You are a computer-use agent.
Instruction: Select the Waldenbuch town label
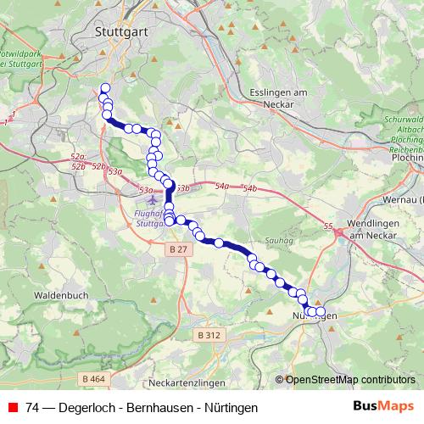tap(58, 295)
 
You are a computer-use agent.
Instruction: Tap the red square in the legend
tap(13, 406)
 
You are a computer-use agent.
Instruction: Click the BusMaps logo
tap(383, 406)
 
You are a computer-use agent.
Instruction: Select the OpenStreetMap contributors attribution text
tap(349, 380)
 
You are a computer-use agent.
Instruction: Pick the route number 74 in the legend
tap(33, 406)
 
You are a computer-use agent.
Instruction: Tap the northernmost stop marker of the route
tap(105, 88)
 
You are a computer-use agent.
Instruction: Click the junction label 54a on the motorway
tap(222, 186)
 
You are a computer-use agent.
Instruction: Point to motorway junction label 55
tap(328, 226)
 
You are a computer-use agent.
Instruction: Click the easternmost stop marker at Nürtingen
tap(321, 311)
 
